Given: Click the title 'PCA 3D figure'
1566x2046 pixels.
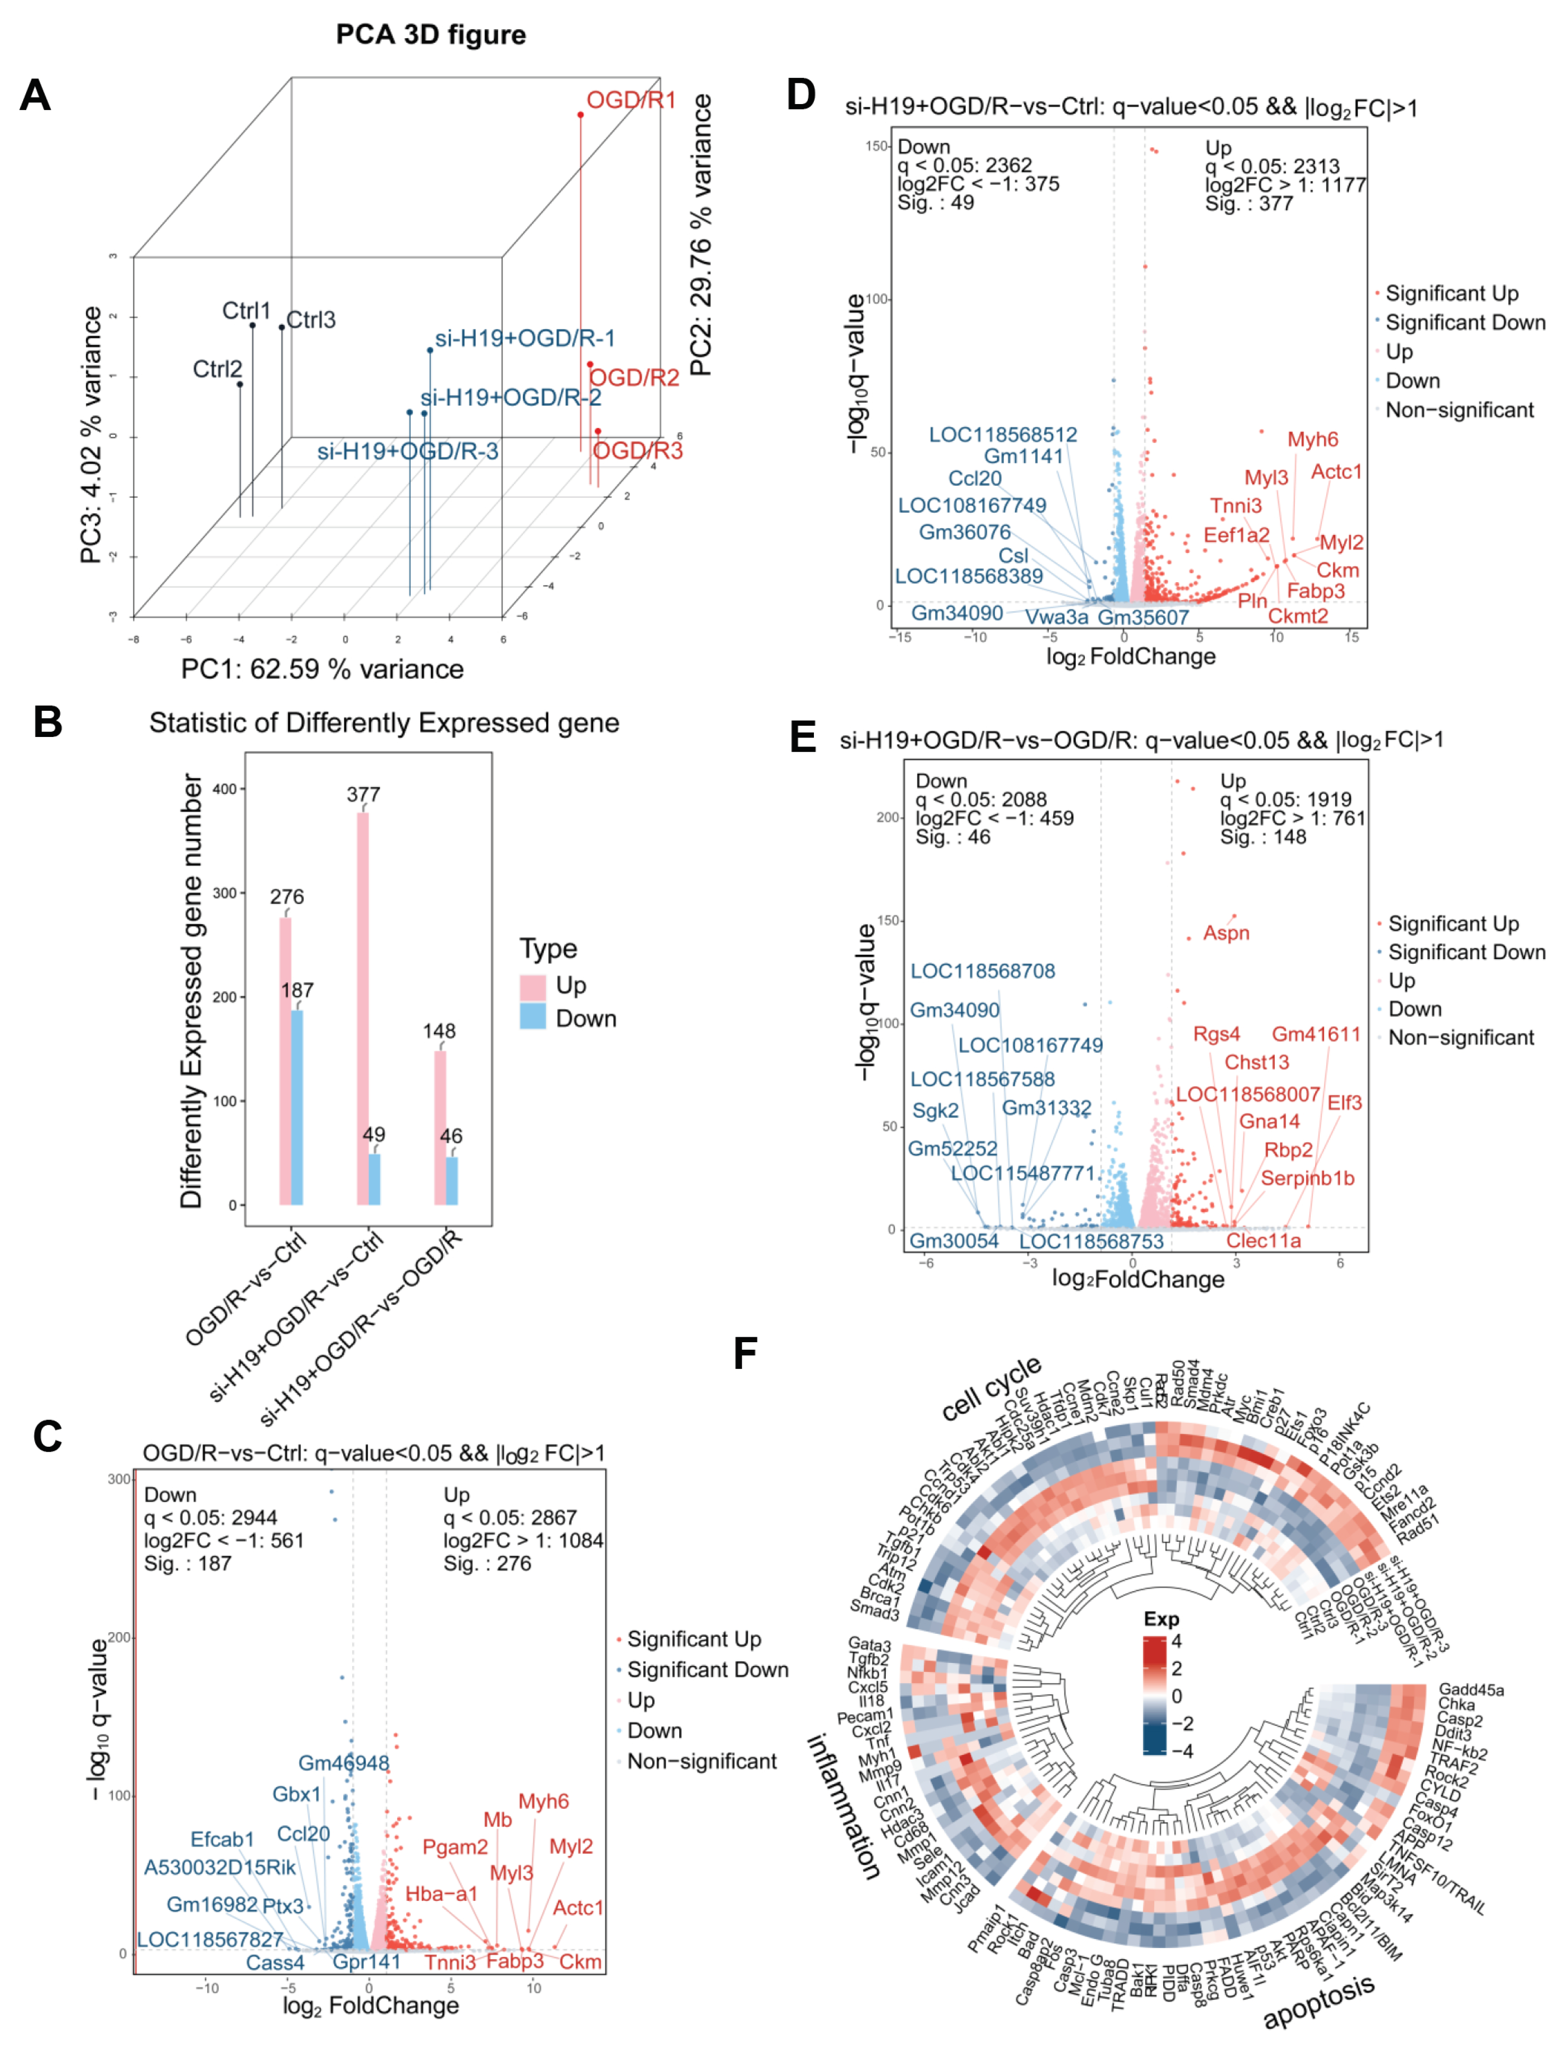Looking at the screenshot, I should coord(431,35).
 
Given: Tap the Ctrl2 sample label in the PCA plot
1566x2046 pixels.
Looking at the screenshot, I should coord(217,369).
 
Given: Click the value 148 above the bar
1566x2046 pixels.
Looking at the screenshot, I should coord(439,1031).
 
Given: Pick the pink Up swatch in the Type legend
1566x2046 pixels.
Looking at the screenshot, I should coord(532,986).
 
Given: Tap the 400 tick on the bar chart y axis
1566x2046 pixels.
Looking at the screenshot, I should coord(225,789).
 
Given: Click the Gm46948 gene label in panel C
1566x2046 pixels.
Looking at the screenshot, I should coord(344,1762).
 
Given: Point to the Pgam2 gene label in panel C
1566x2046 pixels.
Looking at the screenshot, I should coord(455,1846).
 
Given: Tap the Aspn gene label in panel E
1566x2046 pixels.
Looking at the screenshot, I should coord(1226,933).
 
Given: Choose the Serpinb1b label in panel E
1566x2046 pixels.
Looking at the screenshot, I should coord(1307,1178).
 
